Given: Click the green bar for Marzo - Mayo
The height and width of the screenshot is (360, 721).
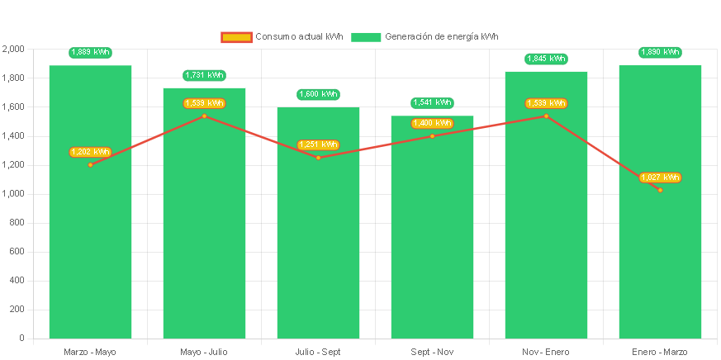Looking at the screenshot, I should pyautogui.click(x=90, y=248).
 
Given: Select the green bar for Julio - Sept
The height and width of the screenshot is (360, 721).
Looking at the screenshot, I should pyautogui.click(x=318, y=248).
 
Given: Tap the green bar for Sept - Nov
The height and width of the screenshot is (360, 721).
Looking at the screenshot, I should pyautogui.click(x=432, y=248).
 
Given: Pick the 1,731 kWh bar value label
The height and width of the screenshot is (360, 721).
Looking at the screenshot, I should pyautogui.click(x=204, y=75).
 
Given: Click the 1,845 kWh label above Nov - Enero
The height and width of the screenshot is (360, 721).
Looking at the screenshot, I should pyautogui.click(x=546, y=59).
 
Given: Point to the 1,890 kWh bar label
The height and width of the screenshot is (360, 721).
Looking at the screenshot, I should pyautogui.click(x=660, y=52).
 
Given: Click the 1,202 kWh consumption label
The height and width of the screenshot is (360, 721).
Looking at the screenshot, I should pyautogui.click(x=90, y=152).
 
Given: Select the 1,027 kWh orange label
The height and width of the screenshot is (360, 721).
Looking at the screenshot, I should pyautogui.click(x=660, y=178).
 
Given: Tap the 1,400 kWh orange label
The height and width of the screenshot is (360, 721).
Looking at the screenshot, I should pyautogui.click(x=432, y=123).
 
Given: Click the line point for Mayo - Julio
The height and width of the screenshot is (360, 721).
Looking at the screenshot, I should pyautogui.click(x=204, y=116).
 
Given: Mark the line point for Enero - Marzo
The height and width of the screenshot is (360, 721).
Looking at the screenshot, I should pyautogui.click(x=660, y=190).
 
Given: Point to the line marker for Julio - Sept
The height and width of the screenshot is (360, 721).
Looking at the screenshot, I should pyautogui.click(x=318, y=158).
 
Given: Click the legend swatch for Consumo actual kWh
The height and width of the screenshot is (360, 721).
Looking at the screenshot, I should pyautogui.click(x=236, y=37).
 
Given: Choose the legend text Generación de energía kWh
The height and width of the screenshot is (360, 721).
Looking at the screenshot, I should pyautogui.click(x=441, y=37).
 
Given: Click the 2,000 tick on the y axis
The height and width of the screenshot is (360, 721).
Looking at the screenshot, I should pyautogui.click(x=14, y=50).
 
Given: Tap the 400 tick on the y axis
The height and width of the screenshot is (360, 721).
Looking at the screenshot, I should pyautogui.click(x=17, y=281).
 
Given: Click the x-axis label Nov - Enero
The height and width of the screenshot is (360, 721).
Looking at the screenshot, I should pyautogui.click(x=546, y=353).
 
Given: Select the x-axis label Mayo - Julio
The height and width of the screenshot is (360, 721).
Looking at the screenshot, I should pyautogui.click(x=204, y=353).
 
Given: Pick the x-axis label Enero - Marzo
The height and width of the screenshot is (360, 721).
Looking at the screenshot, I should pyautogui.click(x=660, y=353).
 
